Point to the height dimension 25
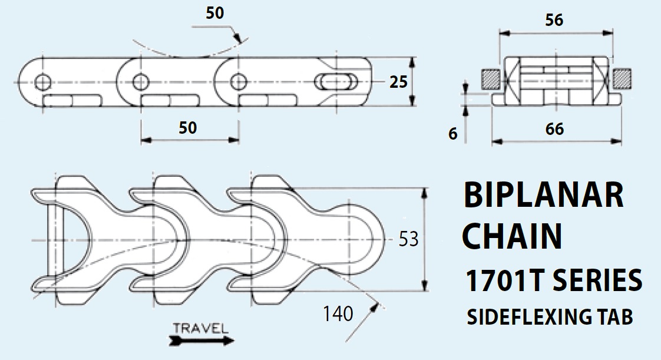point(399,82)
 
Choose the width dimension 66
point(555,130)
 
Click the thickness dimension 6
point(452,134)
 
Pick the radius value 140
point(338,314)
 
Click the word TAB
point(615,317)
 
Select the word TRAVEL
point(201,328)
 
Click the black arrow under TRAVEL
point(201,340)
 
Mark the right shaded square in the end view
point(621,78)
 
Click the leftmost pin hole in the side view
point(42,81)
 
